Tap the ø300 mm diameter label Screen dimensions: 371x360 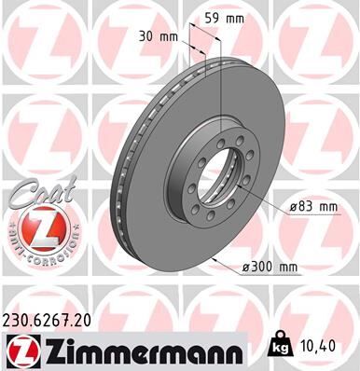pyautogui.click(x=270, y=268)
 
